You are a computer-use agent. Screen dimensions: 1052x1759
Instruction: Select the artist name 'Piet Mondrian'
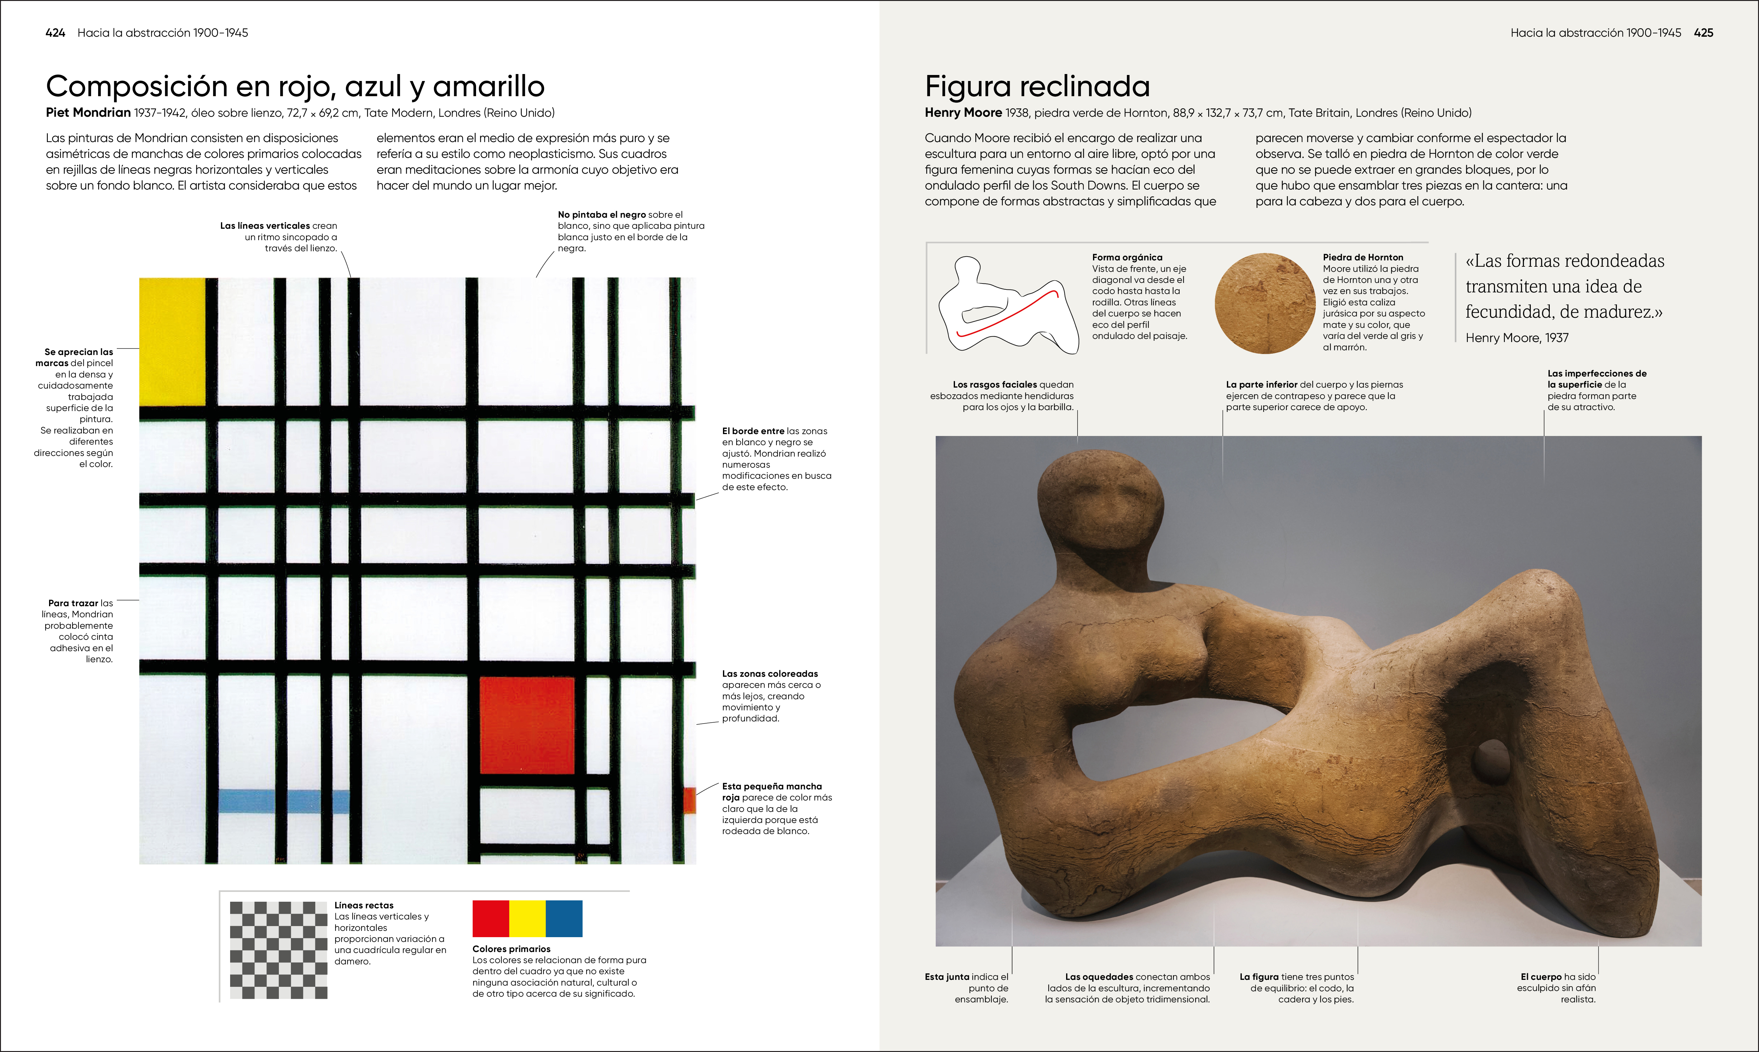[88, 113]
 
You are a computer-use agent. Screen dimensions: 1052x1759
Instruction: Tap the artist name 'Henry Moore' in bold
[963, 113]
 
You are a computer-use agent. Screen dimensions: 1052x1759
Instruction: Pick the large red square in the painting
[527, 725]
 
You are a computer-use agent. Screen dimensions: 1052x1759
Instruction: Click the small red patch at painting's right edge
[689, 800]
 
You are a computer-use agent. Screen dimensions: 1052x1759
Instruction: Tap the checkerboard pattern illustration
[279, 950]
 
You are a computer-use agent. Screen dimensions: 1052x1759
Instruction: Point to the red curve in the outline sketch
[1007, 315]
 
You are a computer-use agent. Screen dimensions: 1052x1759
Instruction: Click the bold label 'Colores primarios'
[511, 949]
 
